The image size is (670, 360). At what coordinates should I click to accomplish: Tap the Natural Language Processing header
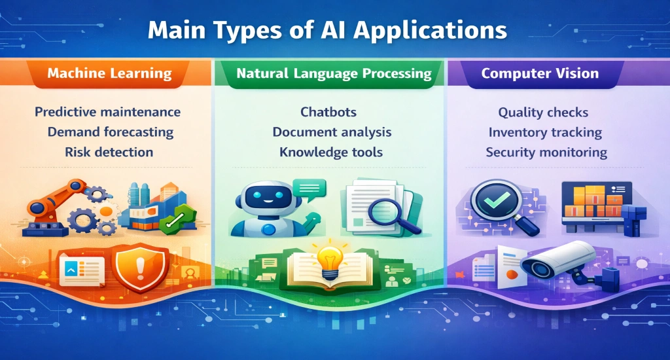[334, 73]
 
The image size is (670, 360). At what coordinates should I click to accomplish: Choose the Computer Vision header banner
[540, 73]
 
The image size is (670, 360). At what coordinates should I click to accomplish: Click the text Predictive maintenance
[107, 112]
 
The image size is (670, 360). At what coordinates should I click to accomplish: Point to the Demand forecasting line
[110, 132]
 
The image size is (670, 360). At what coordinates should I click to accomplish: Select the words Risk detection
[109, 153]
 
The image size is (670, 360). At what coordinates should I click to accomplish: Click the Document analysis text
[332, 132]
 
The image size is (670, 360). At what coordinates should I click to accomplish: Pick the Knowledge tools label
[331, 153]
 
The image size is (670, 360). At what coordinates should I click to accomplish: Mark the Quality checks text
[543, 113]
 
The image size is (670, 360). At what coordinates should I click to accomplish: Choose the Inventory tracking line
[545, 132]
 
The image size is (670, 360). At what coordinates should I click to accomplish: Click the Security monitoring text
[546, 153]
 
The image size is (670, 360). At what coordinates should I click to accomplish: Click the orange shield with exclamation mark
[140, 266]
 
